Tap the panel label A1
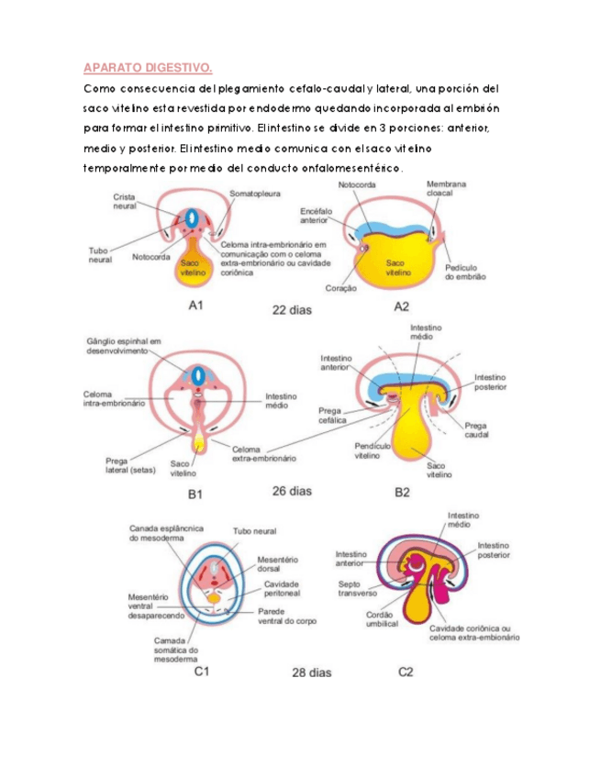click(x=195, y=306)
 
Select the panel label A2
click(x=401, y=306)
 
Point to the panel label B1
click(x=195, y=495)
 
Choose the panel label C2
click(x=406, y=672)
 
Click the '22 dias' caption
click(x=292, y=310)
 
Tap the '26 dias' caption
click(x=292, y=491)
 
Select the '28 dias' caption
click(x=312, y=672)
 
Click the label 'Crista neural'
click(x=126, y=201)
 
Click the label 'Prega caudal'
click(x=476, y=429)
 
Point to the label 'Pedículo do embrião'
click(x=464, y=272)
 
